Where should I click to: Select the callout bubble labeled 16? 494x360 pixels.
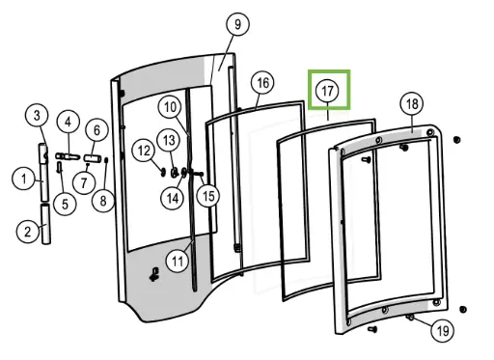coord(262,83)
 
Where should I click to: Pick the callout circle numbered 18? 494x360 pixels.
coord(412,103)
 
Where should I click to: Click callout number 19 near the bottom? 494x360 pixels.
coord(442,331)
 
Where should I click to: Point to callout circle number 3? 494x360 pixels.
coord(37,117)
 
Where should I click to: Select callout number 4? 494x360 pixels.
coord(68,122)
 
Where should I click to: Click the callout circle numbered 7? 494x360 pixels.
coord(85,180)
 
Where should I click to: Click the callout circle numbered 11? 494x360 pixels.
coord(176,260)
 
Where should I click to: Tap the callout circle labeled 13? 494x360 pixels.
coord(169,139)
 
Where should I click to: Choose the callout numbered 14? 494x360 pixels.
coord(173,198)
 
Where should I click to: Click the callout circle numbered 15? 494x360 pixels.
coord(208,196)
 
